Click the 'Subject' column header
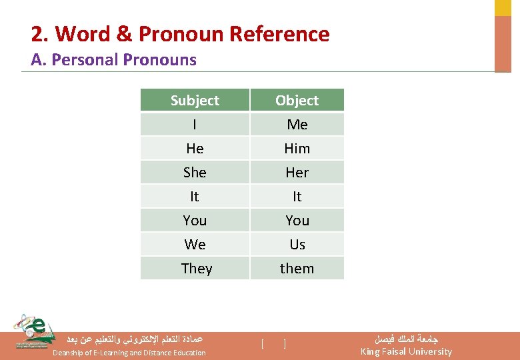pyautogui.click(x=195, y=100)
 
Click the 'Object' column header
pyautogui.click(x=297, y=100)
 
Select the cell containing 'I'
pyautogui.click(x=195, y=125)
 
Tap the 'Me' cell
pyautogui.click(x=297, y=125)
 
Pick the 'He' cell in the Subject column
pyautogui.click(x=195, y=149)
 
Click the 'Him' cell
pyautogui.click(x=297, y=149)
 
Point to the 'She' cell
pyautogui.click(x=195, y=173)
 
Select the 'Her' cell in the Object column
pyautogui.click(x=297, y=173)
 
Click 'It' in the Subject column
pyautogui.click(x=195, y=197)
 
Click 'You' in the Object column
pyautogui.click(x=297, y=221)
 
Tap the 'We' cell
pyautogui.click(x=195, y=245)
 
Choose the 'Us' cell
pyautogui.click(x=297, y=245)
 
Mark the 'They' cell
pyautogui.click(x=196, y=269)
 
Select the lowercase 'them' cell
pyautogui.click(x=297, y=269)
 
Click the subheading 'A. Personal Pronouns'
pyautogui.click(x=113, y=60)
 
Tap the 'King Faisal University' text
pyautogui.click(x=405, y=351)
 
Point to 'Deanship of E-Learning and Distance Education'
pyautogui.click(x=129, y=353)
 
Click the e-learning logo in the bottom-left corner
pyautogui.click(x=33, y=331)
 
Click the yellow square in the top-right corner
pyautogui.click(x=503, y=7)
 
